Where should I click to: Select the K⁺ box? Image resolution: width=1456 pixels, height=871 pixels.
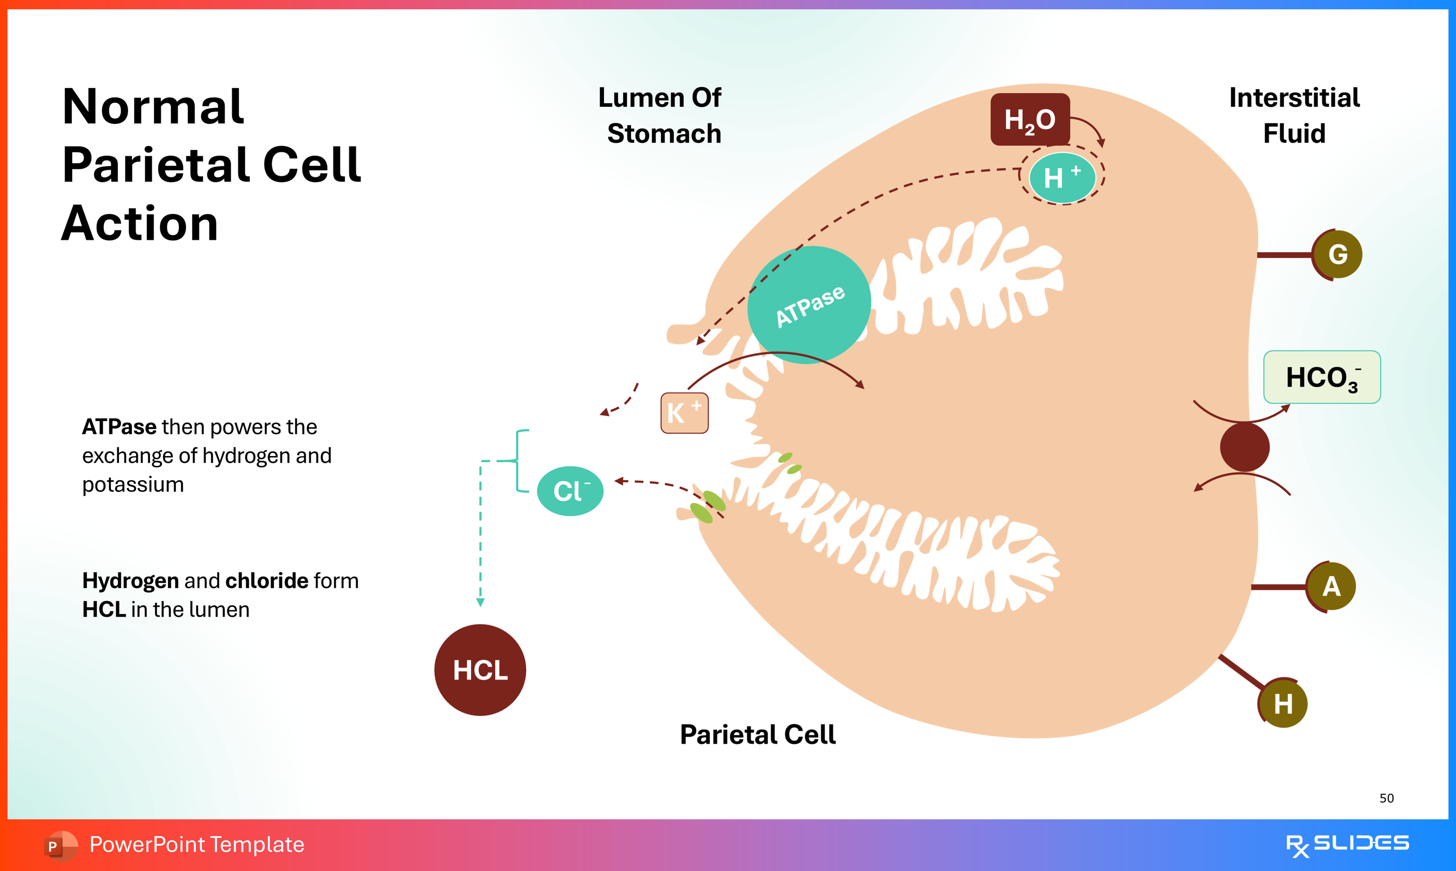point(684,413)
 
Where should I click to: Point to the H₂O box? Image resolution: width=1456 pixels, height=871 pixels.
point(1030,120)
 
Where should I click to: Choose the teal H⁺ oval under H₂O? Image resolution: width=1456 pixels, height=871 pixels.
point(1062,178)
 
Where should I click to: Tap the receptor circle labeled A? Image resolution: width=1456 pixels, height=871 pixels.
point(1331,586)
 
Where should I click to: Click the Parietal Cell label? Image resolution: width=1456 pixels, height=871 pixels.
point(757,735)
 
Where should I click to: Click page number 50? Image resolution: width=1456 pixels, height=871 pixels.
point(1386,798)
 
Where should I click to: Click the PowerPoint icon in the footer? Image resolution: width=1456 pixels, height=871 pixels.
point(60,846)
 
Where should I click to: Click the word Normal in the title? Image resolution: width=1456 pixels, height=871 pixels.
point(153,107)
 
